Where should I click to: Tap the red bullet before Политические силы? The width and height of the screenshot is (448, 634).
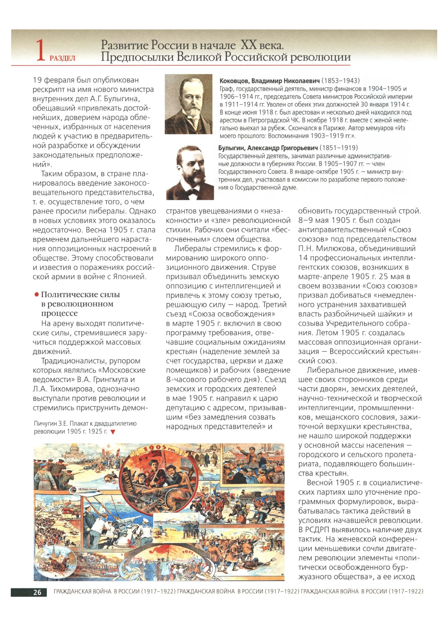click(36, 295)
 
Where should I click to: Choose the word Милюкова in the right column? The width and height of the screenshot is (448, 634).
click(334, 249)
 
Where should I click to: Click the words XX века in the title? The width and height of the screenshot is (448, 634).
click(262, 45)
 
